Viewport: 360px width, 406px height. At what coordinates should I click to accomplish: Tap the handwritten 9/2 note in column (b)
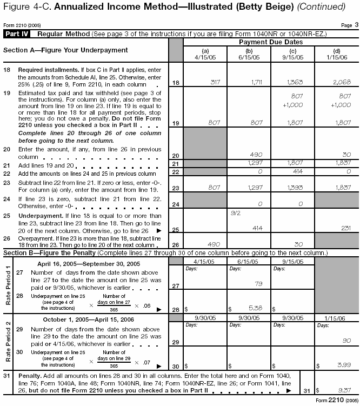click(x=235, y=214)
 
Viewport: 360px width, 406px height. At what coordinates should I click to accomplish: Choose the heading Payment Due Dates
click(x=266, y=41)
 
